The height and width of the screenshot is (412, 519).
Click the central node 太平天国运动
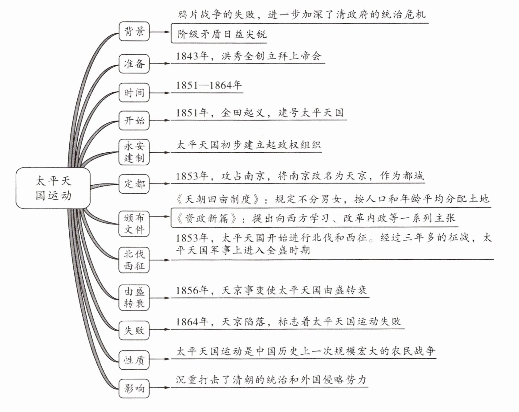click(x=53, y=188)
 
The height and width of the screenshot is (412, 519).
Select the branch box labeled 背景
click(x=134, y=31)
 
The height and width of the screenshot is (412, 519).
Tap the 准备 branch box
click(x=134, y=64)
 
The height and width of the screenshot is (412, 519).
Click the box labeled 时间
click(x=134, y=93)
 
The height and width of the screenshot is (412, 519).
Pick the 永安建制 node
click(x=134, y=152)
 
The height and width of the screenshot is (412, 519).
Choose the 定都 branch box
click(x=134, y=184)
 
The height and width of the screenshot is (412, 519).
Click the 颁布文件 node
click(x=134, y=224)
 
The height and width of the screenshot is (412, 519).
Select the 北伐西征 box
click(x=134, y=260)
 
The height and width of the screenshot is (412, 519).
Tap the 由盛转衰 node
click(x=134, y=298)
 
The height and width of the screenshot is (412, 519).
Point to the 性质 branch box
click(x=134, y=360)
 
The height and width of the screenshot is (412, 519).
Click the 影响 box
click(x=134, y=388)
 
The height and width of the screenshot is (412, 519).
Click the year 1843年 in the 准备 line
click(x=192, y=56)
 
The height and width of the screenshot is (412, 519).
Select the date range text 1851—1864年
click(x=209, y=85)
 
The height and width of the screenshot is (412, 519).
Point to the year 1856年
click(x=192, y=290)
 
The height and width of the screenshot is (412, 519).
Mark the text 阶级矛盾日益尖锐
click(x=222, y=34)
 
